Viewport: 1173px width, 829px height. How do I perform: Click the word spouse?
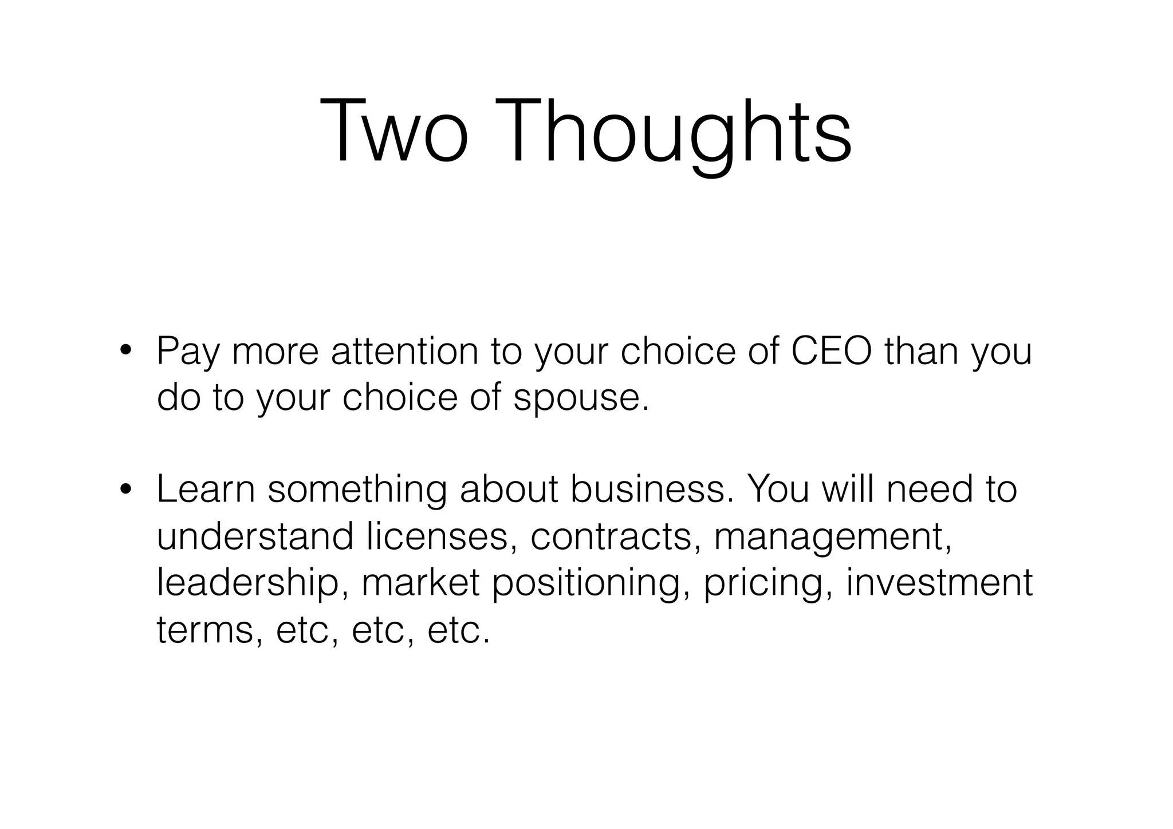(581, 398)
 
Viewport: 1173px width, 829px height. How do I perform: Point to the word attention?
(404, 351)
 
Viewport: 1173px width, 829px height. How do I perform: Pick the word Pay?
(187, 352)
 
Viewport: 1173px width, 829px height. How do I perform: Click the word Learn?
(206, 490)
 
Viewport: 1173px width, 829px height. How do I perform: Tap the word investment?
(939, 584)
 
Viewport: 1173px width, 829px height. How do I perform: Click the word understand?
(255, 537)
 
